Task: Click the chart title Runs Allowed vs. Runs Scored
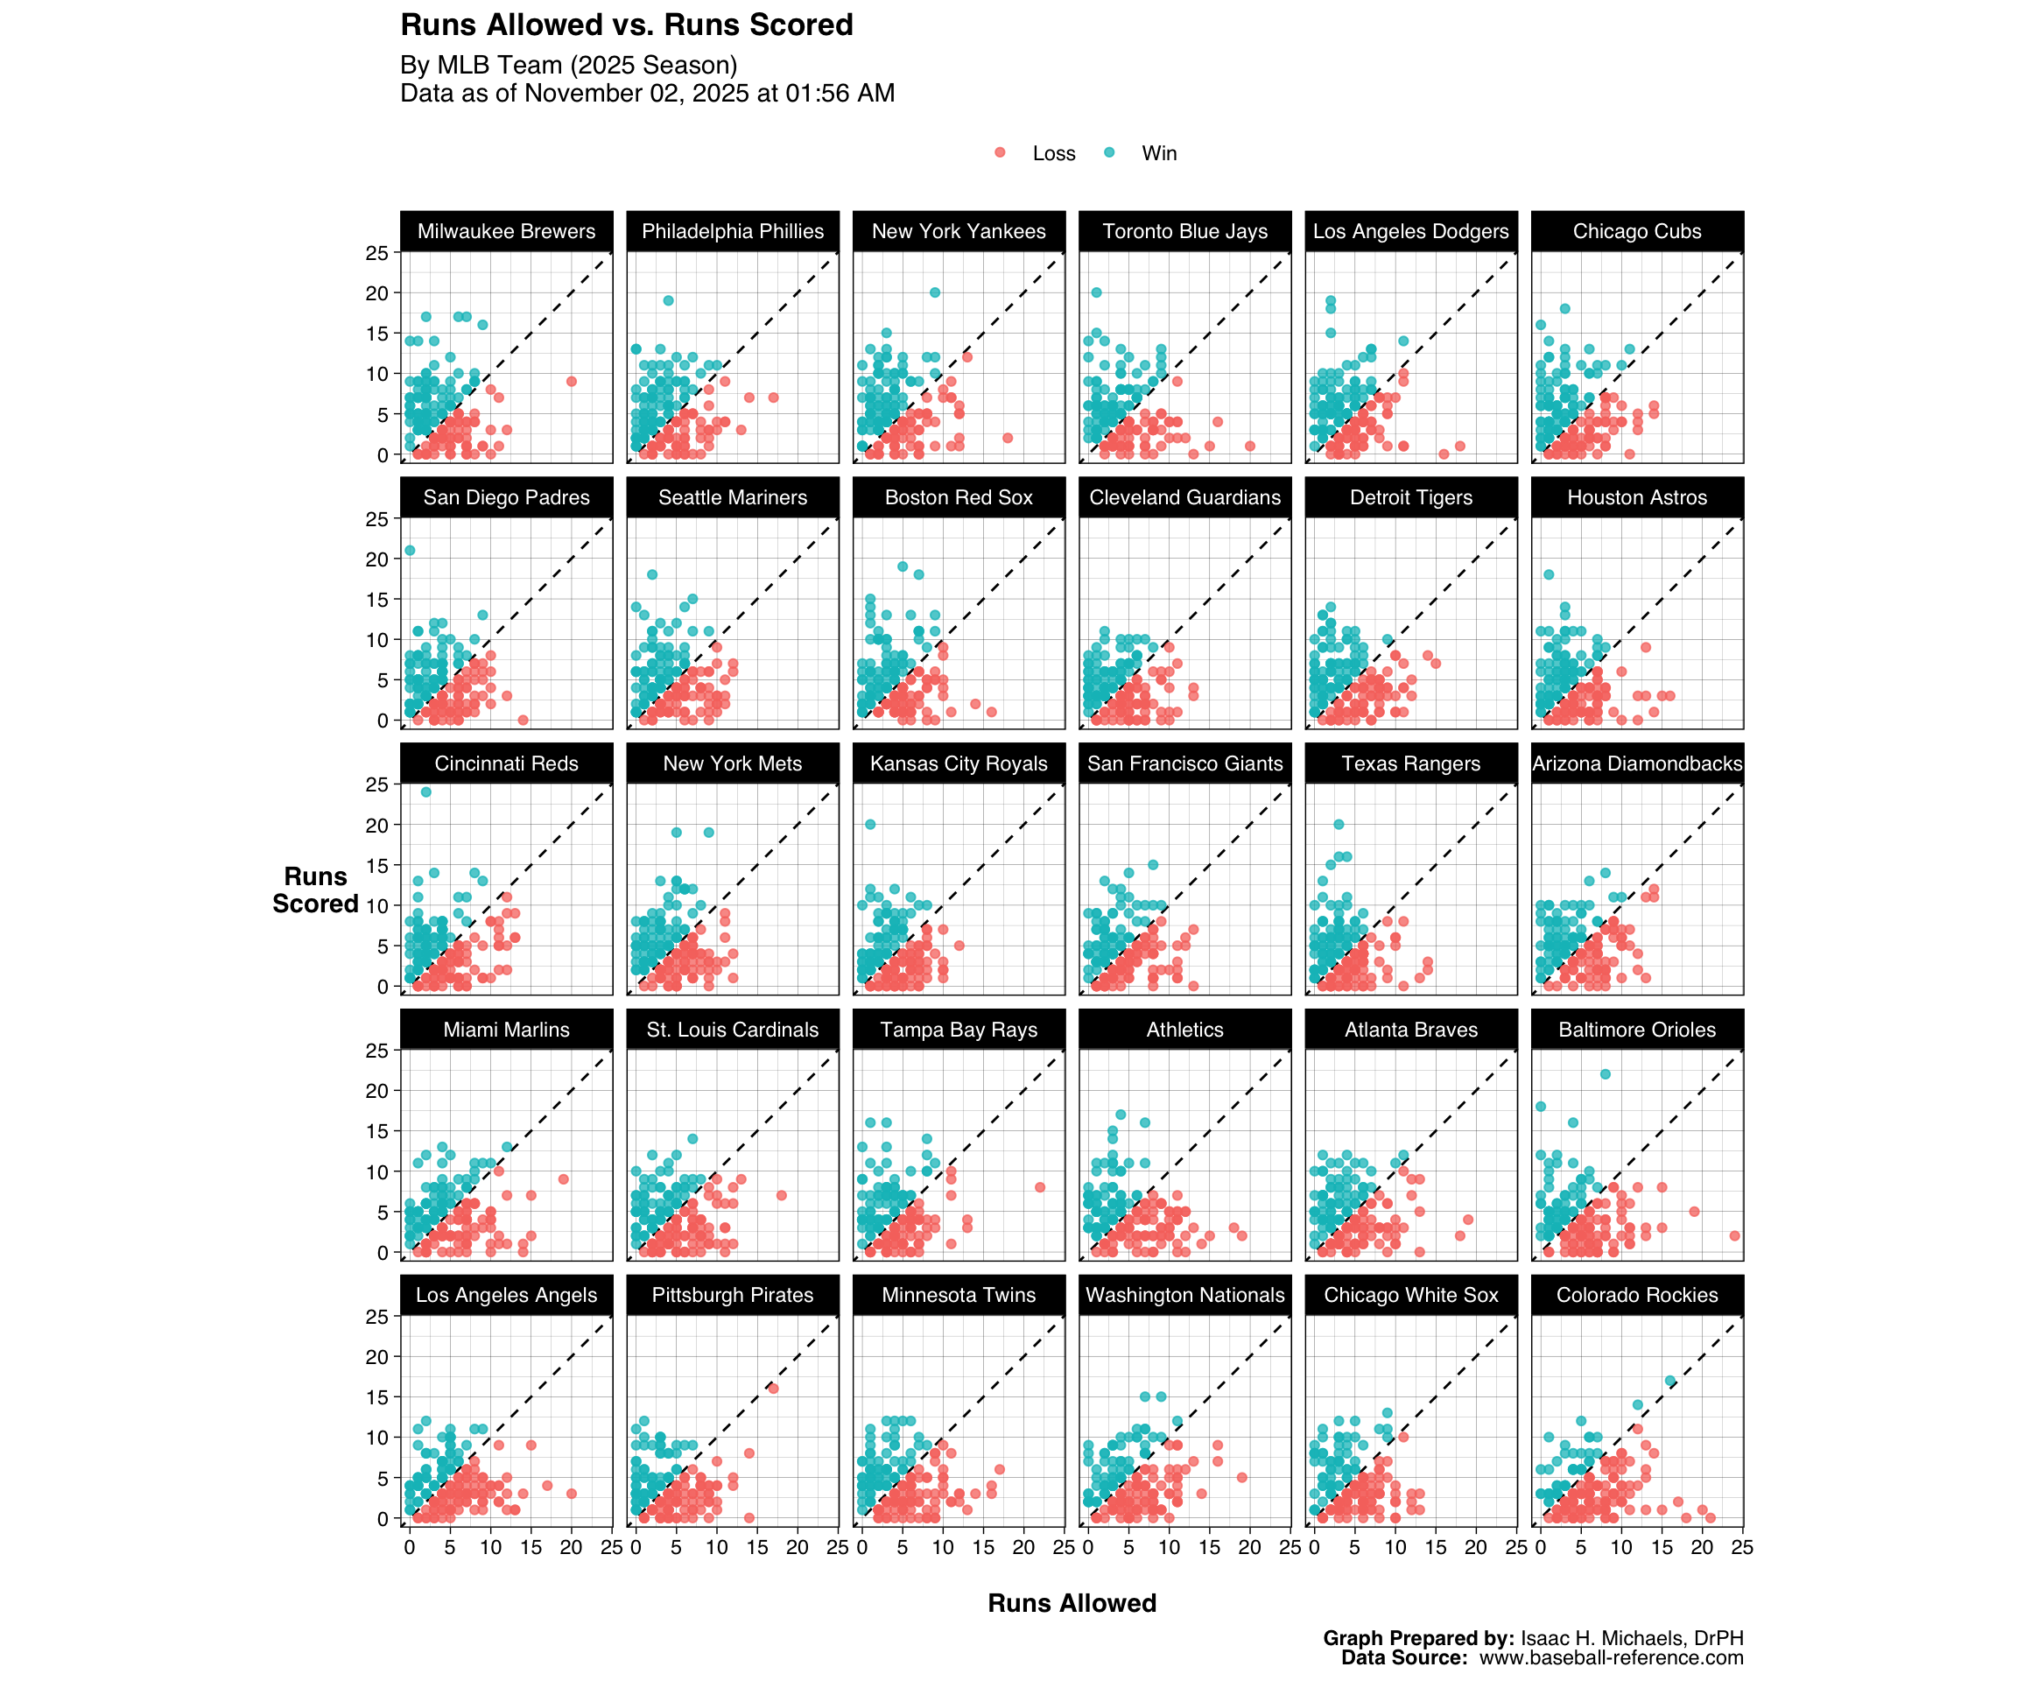coord(626,25)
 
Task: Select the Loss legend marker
coord(1000,152)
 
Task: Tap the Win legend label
coord(1158,154)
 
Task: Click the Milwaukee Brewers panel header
coord(506,231)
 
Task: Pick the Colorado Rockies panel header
coord(1637,1295)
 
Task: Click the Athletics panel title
coord(1184,1030)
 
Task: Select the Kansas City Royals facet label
coord(959,763)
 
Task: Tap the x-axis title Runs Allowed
coord(1072,1603)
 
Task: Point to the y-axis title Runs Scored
coord(315,890)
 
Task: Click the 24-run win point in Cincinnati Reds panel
coord(425,792)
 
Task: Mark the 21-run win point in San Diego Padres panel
coord(410,551)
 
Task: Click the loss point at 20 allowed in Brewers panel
coord(572,382)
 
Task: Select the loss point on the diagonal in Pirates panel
coord(773,1389)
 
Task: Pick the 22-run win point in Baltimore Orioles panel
coord(1605,1074)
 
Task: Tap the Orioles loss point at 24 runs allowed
coord(1734,1235)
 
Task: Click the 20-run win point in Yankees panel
coord(935,293)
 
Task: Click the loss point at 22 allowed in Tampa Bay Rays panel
coord(1040,1187)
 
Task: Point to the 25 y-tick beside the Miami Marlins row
coord(376,1051)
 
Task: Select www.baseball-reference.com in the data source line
coord(1611,1658)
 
